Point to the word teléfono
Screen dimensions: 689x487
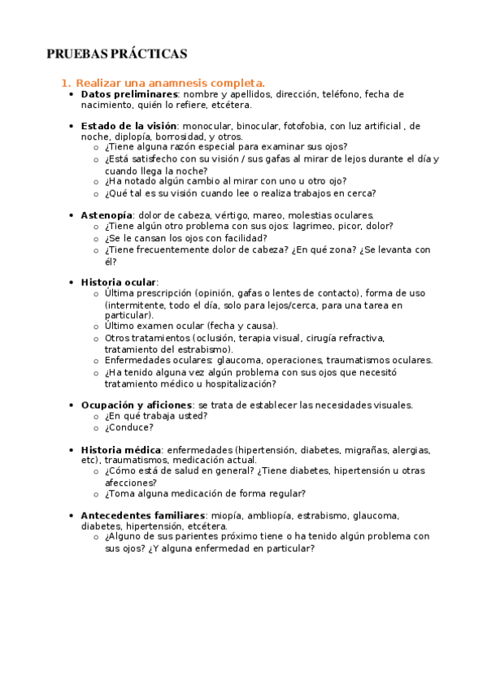tap(344, 94)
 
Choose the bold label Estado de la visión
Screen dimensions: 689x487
tap(128, 126)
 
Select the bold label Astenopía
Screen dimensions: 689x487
tap(107, 214)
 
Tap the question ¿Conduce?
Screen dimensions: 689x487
tap(128, 427)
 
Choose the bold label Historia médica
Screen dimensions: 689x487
tap(120, 449)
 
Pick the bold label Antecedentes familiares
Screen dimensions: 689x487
tap(142, 515)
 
